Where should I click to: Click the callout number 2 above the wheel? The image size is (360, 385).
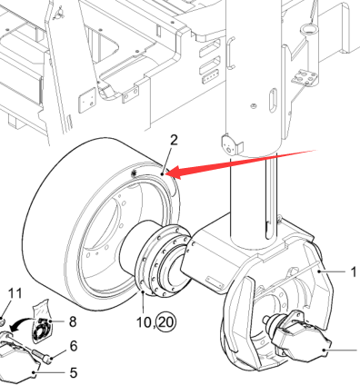[x=174, y=140]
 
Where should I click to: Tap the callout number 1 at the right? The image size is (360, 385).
[x=354, y=272]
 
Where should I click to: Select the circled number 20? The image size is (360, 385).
[x=166, y=322]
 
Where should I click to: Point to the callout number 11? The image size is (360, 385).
[x=15, y=293]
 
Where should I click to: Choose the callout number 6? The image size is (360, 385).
[x=74, y=346]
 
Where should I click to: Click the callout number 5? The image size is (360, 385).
[x=74, y=372]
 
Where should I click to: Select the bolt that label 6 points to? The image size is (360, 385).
[x=43, y=355]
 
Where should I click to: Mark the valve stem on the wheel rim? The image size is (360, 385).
[x=134, y=173]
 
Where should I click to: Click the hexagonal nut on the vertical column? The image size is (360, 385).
[x=253, y=106]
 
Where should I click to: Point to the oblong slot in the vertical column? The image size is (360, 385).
[x=273, y=100]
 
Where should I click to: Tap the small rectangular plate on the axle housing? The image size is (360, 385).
[x=215, y=281]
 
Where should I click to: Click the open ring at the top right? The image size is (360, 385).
[x=307, y=29]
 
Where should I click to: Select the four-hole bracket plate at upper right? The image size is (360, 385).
[x=305, y=77]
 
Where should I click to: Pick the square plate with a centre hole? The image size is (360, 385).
[x=87, y=100]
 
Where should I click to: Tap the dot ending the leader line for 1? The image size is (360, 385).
[x=319, y=271]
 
